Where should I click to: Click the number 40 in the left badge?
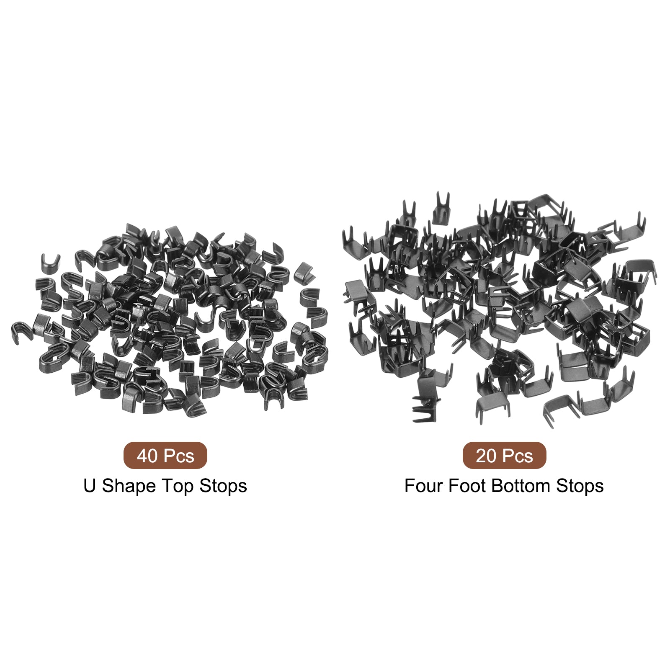[x=147, y=456]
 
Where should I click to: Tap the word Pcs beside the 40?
[x=178, y=456]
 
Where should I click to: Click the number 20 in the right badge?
[x=486, y=456]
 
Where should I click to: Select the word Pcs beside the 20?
[x=517, y=456]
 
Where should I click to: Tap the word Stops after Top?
[x=223, y=486]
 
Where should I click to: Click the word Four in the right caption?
[x=424, y=486]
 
